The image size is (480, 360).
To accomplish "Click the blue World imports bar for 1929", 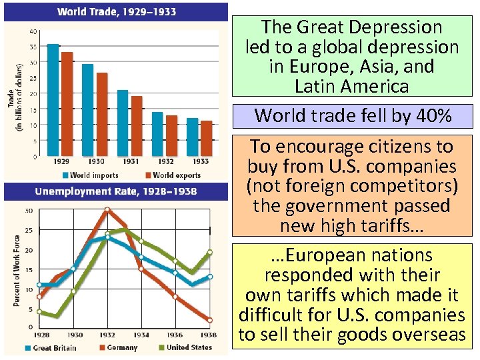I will (x=53, y=100).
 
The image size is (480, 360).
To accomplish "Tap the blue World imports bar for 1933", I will (x=192, y=137).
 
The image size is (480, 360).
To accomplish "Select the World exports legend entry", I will (x=171, y=175).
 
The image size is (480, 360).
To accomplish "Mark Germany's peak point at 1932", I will (x=108, y=209).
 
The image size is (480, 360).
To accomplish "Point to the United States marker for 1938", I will (x=209, y=253).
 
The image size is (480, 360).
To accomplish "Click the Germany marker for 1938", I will (x=209, y=319).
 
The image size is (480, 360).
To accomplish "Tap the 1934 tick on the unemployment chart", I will (x=142, y=334).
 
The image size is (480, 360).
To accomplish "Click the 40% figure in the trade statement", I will (x=434, y=116).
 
